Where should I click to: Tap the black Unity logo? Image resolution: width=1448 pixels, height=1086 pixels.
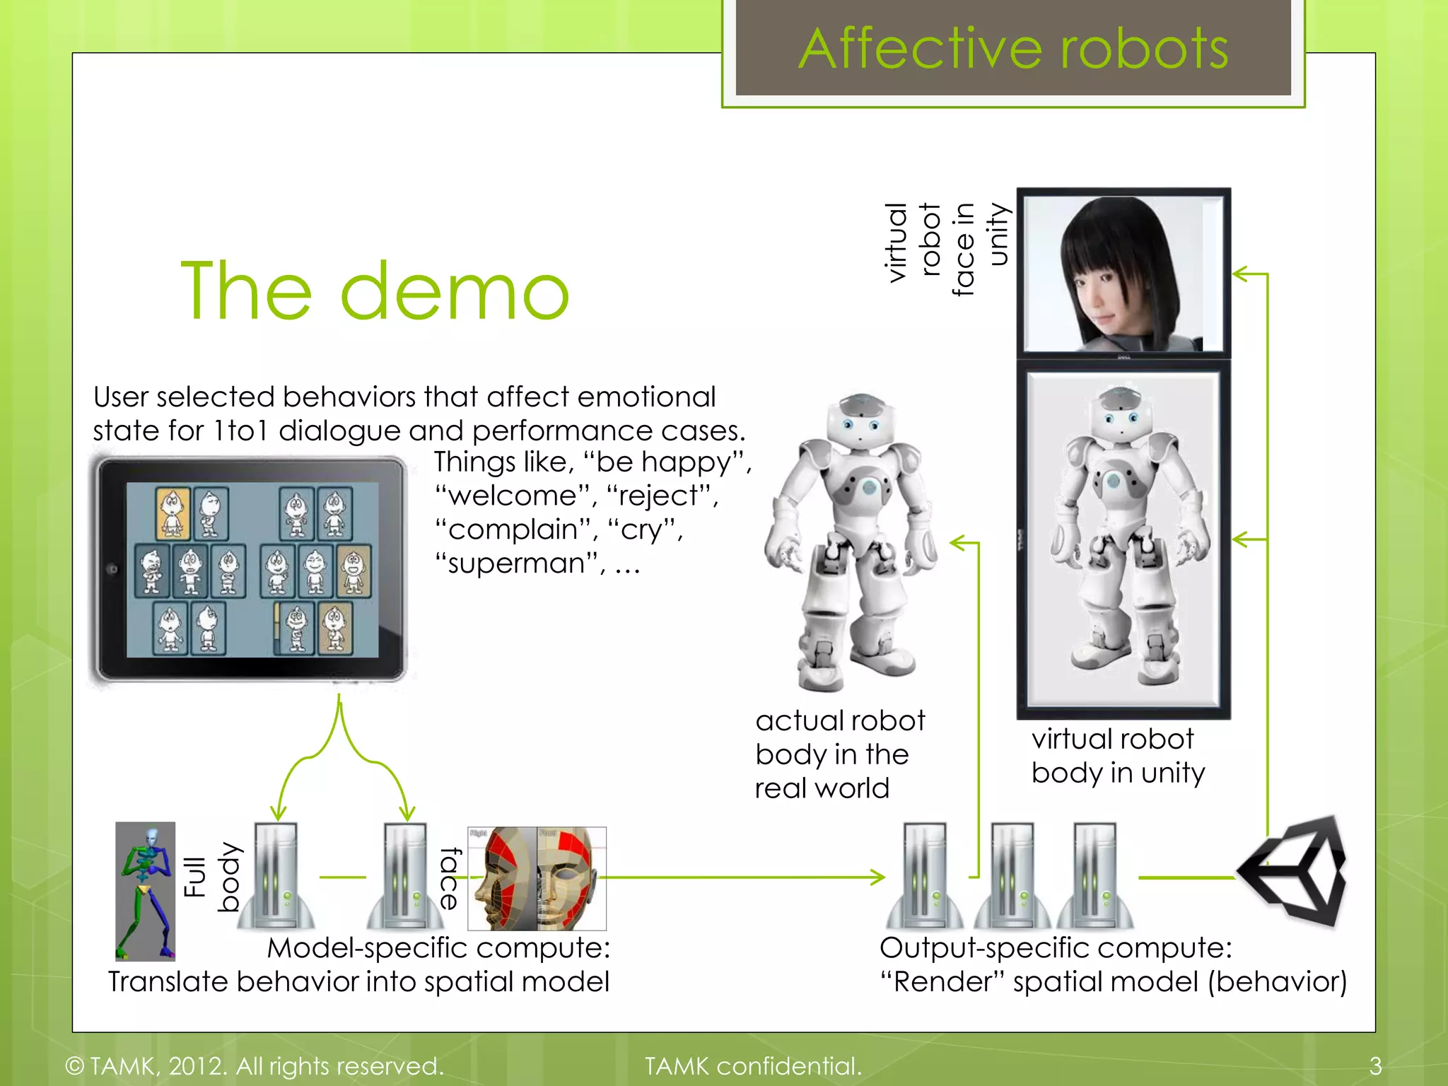point(1294,871)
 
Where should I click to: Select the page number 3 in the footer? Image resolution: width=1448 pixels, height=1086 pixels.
point(1374,1065)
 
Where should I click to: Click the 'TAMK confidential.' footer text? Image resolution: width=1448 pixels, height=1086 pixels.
point(753,1065)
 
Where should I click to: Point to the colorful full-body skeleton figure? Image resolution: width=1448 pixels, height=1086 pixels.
point(146,891)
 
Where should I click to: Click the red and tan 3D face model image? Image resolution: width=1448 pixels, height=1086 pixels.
point(537,878)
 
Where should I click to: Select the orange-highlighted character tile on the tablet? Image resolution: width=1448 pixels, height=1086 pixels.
point(173,513)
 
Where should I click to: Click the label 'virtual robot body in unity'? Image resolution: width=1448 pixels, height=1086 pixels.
point(1118,756)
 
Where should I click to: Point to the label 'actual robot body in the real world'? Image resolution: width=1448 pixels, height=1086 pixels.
point(839,754)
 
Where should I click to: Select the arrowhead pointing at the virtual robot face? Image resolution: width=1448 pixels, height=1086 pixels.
point(1239,273)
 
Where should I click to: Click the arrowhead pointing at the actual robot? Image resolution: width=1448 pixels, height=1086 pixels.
point(957,543)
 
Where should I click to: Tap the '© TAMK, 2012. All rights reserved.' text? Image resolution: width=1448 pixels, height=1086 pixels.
point(255,1065)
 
